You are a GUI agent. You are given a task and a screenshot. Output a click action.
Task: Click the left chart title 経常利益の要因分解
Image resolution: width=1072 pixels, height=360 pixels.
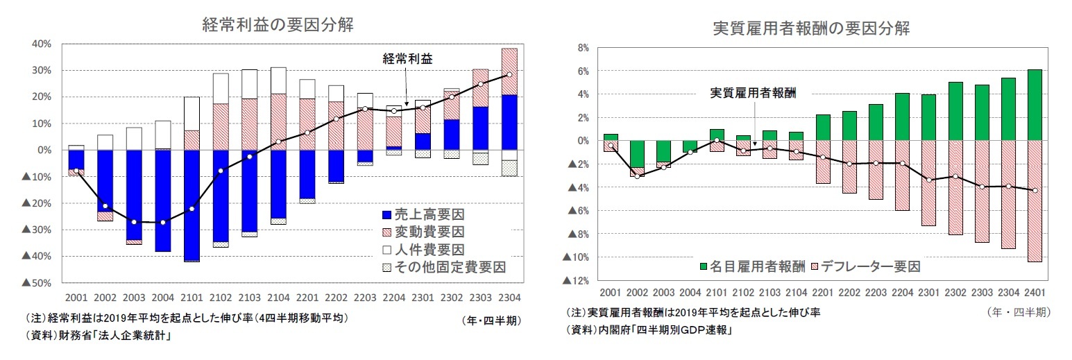coord(278,25)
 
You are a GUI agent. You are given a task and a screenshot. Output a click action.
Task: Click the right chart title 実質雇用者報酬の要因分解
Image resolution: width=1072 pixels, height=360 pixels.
coord(811,28)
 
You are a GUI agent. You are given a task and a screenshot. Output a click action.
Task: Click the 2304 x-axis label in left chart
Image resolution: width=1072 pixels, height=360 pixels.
coord(509,298)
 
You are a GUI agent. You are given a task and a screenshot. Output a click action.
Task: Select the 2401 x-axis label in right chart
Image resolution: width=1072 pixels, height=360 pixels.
coord(1035,293)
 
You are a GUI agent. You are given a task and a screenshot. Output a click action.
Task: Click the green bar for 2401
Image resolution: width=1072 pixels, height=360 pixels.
coord(1034,105)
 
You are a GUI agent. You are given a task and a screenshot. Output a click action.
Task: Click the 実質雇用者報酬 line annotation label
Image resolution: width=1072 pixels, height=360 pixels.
coord(753,93)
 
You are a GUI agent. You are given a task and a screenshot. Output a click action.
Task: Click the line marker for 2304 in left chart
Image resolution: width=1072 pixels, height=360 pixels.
coord(509,75)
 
